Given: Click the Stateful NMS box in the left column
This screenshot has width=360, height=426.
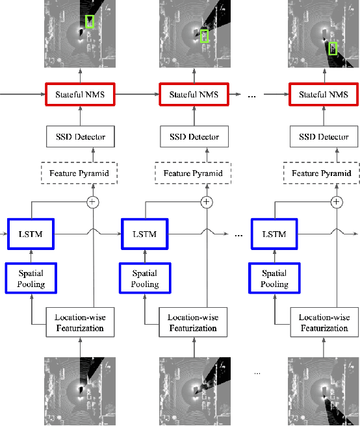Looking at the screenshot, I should [x=80, y=95].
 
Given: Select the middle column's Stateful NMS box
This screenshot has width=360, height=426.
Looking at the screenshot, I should [x=194, y=95].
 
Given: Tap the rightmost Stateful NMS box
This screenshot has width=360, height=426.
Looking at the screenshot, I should [x=323, y=95].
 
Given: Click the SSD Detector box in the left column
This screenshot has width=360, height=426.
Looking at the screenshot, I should [x=80, y=136].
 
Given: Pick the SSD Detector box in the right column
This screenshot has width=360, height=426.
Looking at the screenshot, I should [x=323, y=136].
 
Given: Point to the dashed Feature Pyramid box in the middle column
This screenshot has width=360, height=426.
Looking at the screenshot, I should [x=194, y=173].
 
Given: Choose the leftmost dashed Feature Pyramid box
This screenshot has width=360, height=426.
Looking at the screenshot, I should [x=80, y=173].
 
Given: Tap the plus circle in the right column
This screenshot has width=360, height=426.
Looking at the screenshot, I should [x=336, y=202].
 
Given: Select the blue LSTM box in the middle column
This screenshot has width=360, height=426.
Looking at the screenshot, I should [x=145, y=234].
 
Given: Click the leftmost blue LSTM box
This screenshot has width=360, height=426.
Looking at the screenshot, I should [x=31, y=234].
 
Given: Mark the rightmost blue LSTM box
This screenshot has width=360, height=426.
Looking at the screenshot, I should [x=274, y=234].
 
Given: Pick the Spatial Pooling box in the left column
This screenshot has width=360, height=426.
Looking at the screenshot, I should [x=31, y=279].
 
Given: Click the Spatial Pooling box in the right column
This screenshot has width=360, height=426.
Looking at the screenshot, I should [x=274, y=279].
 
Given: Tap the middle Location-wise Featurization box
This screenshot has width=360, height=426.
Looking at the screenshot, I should [x=193, y=323].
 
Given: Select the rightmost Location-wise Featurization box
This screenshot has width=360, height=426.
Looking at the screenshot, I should [x=323, y=323].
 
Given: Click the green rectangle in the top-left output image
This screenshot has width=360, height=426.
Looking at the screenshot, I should [x=90, y=21].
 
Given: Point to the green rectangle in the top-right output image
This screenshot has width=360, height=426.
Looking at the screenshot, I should [x=333, y=48].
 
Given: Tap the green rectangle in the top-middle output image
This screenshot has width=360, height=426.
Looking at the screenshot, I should [x=205, y=36].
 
